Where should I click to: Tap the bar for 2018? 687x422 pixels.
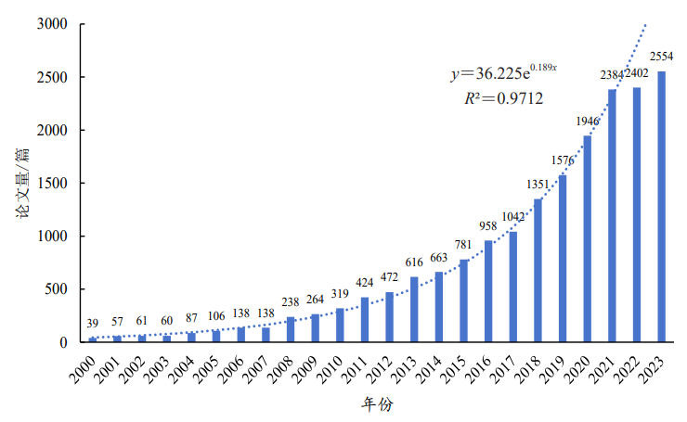pyautogui.click(x=538, y=271)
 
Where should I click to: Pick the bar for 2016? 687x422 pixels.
pyautogui.click(x=488, y=291)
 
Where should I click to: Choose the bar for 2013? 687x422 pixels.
pyautogui.click(x=414, y=310)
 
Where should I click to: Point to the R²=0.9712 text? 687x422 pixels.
pyautogui.click(x=502, y=98)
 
